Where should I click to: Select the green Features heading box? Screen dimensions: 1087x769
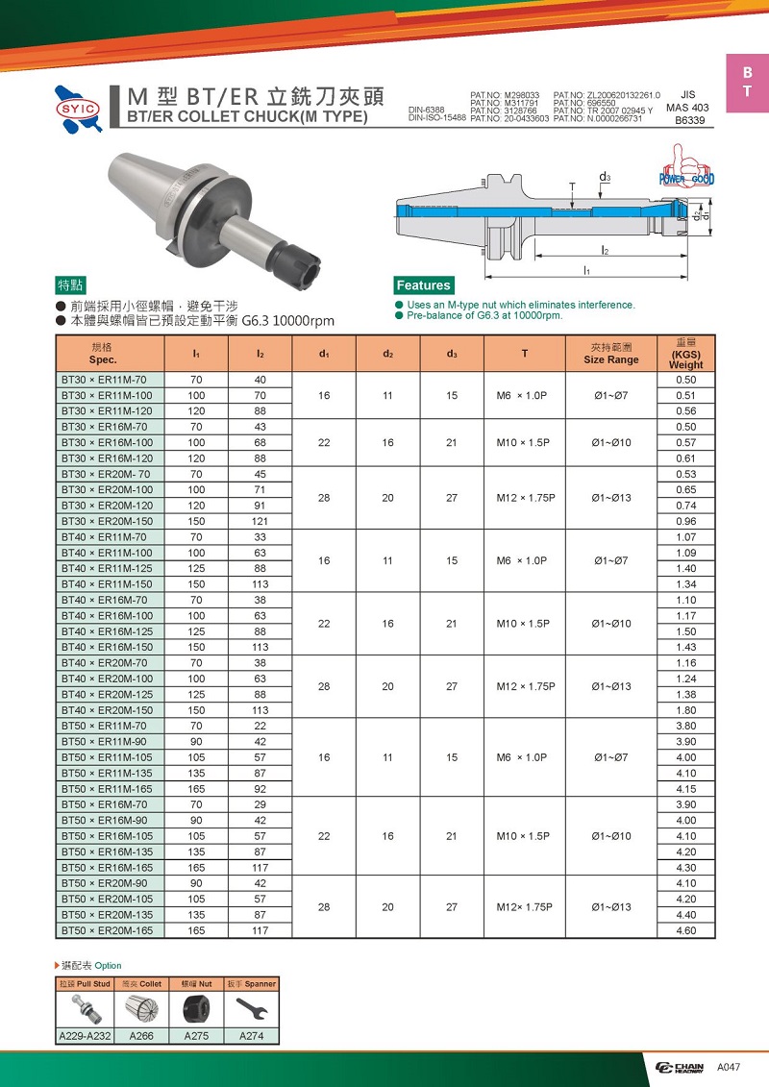click(x=423, y=284)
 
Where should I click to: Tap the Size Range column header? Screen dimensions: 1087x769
click(x=610, y=353)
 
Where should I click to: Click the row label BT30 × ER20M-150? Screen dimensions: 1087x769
click(x=108, y=521)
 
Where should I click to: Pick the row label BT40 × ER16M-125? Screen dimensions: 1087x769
click(x=108, y=631)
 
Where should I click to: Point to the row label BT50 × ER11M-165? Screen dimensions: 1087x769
click(x=108, y=788)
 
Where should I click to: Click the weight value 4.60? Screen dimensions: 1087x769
click(x=685, y=930)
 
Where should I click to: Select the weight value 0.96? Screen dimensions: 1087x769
click(x=685, y=521)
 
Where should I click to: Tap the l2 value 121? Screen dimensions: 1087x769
click(x=260, y=521)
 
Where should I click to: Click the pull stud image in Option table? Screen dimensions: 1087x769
click(x=85, y=1009)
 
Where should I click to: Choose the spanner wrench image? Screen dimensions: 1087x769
click(x=252, y=1009)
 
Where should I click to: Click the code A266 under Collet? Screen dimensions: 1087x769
click(x=140, y=1036)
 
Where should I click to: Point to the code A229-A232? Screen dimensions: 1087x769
click(x=85, y=1036)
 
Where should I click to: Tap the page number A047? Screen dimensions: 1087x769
click(x=729, y=1068)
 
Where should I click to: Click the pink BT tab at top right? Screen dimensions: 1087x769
click(x=747, y=83)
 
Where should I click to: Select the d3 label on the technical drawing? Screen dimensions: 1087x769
click(x=605, y=178)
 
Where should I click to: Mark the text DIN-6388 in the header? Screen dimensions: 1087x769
click(x=427, y=110)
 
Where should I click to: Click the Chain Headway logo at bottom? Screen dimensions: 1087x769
click(x=679, y=1068)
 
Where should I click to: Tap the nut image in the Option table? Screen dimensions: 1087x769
click(x=197, y=1009)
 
